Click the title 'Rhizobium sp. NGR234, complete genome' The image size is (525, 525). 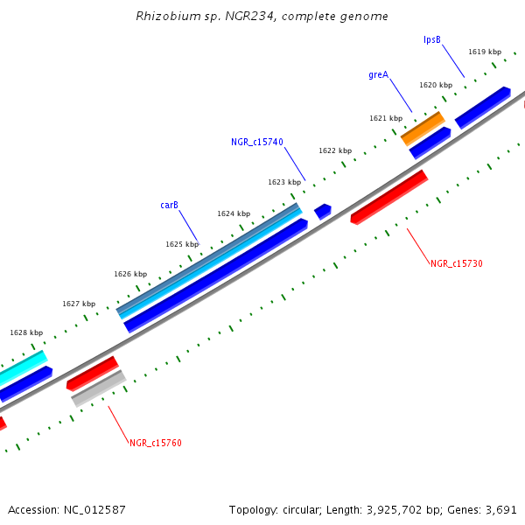point(262,17)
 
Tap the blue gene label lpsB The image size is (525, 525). point(432,39)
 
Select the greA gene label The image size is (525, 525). point(378,75)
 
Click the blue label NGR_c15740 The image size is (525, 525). point(257,142)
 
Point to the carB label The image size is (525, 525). point(169,206)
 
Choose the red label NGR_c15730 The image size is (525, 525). point(457,263)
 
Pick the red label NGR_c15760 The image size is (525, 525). point(156,443)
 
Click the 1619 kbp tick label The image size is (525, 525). point(485,52)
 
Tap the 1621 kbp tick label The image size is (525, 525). point(386,118)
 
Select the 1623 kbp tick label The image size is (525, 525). point(284,182)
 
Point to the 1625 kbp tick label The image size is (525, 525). point(182,245)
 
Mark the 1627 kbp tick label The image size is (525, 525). point(79,304)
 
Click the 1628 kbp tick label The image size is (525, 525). point(26,332)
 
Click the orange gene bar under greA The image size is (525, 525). point(423,128)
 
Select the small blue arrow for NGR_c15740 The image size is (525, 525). point(323,211)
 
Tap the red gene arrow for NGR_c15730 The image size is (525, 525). point(389,196)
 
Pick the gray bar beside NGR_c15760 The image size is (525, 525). point(98,388)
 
